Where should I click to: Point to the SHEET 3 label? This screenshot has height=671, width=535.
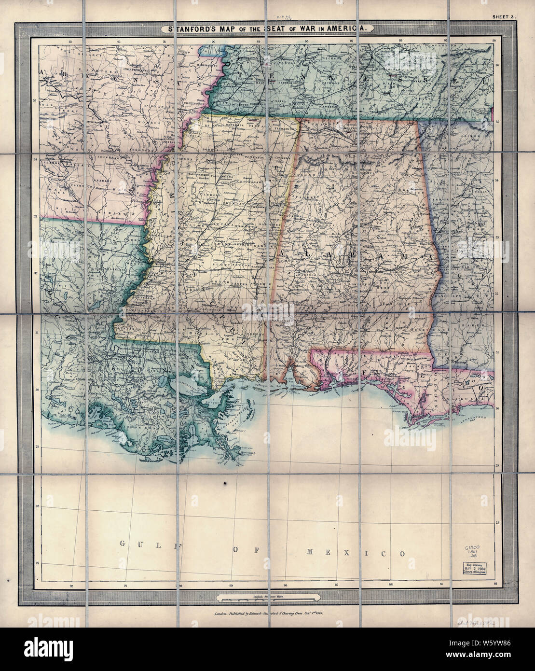tap(504, 17)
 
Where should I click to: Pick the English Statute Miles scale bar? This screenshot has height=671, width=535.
tap(267, 599)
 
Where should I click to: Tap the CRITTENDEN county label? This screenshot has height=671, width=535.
tap(193, 103)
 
